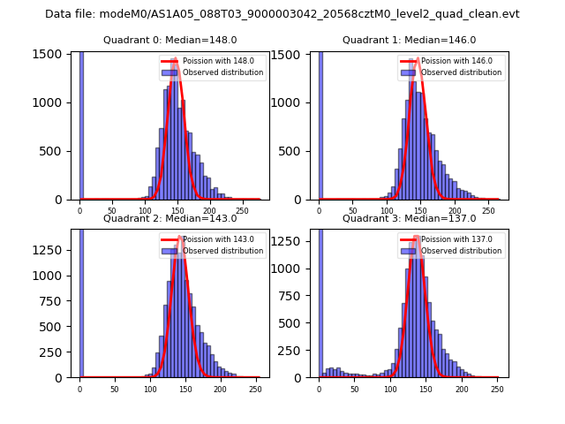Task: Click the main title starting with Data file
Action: pos(282,14)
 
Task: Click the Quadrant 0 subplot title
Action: pos(169,40)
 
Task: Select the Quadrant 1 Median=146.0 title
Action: pos(409,40)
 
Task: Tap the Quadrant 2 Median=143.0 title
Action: pos(169,218)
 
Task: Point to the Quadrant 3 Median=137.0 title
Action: pos(409,218)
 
